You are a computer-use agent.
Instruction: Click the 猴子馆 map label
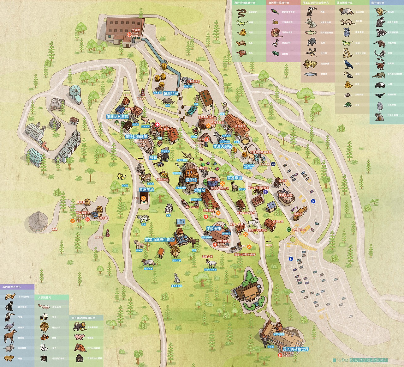click(191, 180)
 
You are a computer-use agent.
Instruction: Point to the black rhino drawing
click(167, 101)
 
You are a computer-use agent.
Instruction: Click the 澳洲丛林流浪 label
click(117, 117)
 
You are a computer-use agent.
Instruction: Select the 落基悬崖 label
click(234, 178)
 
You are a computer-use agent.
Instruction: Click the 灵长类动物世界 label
click(296, 349)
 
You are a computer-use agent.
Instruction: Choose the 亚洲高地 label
click(146, 190)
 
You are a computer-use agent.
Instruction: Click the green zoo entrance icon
click(288, 229)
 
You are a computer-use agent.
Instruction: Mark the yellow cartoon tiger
click(121, 176)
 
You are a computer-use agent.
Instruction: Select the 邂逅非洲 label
click(171, 94)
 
